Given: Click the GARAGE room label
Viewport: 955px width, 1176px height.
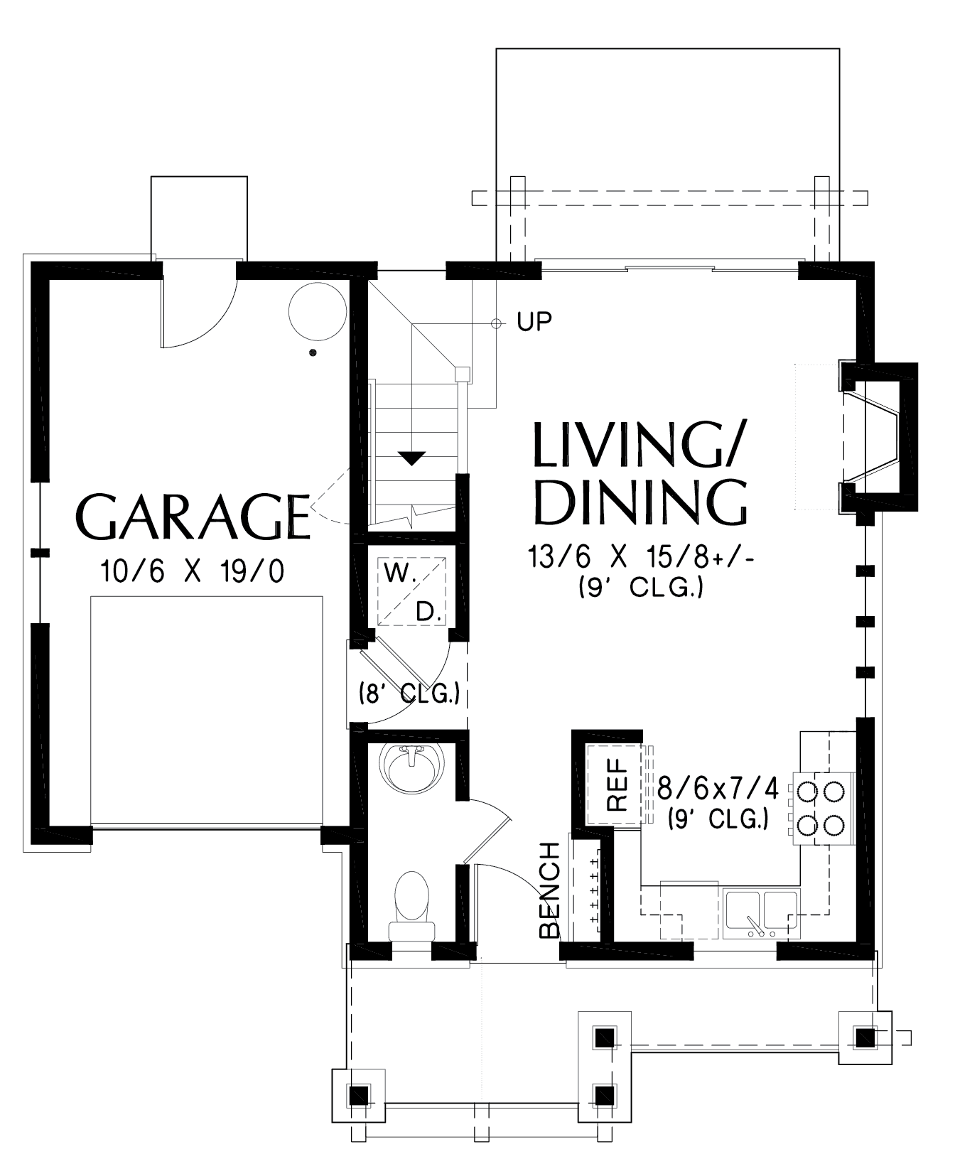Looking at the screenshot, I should click(193, 517).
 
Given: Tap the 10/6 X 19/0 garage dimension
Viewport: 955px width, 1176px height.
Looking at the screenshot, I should click(193, 571).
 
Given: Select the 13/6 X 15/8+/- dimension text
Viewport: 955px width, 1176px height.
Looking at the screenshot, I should click(640, 557).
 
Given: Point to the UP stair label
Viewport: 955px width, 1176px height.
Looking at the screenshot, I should click(534, 322).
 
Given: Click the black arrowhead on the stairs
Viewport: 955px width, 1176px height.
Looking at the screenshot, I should click(411, 458).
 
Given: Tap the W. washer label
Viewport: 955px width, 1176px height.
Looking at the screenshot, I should click(400, 574).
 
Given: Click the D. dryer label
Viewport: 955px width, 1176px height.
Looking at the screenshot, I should click(428, 612).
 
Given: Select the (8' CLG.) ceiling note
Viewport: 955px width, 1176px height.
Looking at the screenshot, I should click(409, 693).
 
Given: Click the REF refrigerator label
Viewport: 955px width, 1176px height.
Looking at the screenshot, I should click(617, 784).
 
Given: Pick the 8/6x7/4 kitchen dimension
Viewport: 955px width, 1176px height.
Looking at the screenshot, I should click(718, 788).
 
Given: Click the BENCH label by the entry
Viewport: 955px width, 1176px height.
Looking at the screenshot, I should click(550, 890).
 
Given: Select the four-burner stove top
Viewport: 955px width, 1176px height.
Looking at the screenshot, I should click(824, 808).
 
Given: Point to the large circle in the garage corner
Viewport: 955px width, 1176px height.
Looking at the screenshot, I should click(318, 311).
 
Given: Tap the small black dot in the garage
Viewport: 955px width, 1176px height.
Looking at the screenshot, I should click(312, 353).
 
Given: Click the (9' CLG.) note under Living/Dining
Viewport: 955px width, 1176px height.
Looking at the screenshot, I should click(640, 587).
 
